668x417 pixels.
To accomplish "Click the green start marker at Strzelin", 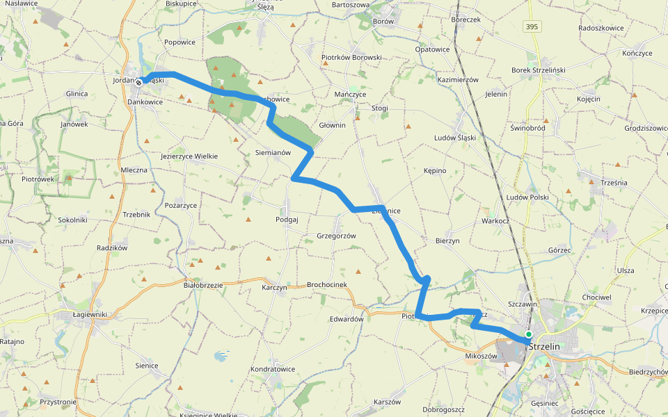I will coord(529,334).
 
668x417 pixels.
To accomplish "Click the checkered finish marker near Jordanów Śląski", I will coord(139,83).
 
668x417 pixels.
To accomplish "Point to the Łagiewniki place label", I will coord(90,314).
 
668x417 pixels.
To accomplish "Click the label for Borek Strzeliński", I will coord(539,70).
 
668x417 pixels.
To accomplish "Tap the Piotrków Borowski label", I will coord(351,57).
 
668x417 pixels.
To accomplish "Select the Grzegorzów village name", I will coord(336,236).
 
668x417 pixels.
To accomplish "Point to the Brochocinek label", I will coord(326,285).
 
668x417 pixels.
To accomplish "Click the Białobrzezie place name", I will coord(202,285).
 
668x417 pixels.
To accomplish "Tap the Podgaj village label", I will coord(287,219).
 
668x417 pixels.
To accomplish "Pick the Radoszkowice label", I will coord(601,28).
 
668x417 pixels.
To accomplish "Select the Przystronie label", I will coord(58,402).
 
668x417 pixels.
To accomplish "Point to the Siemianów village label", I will coord(273,152).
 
